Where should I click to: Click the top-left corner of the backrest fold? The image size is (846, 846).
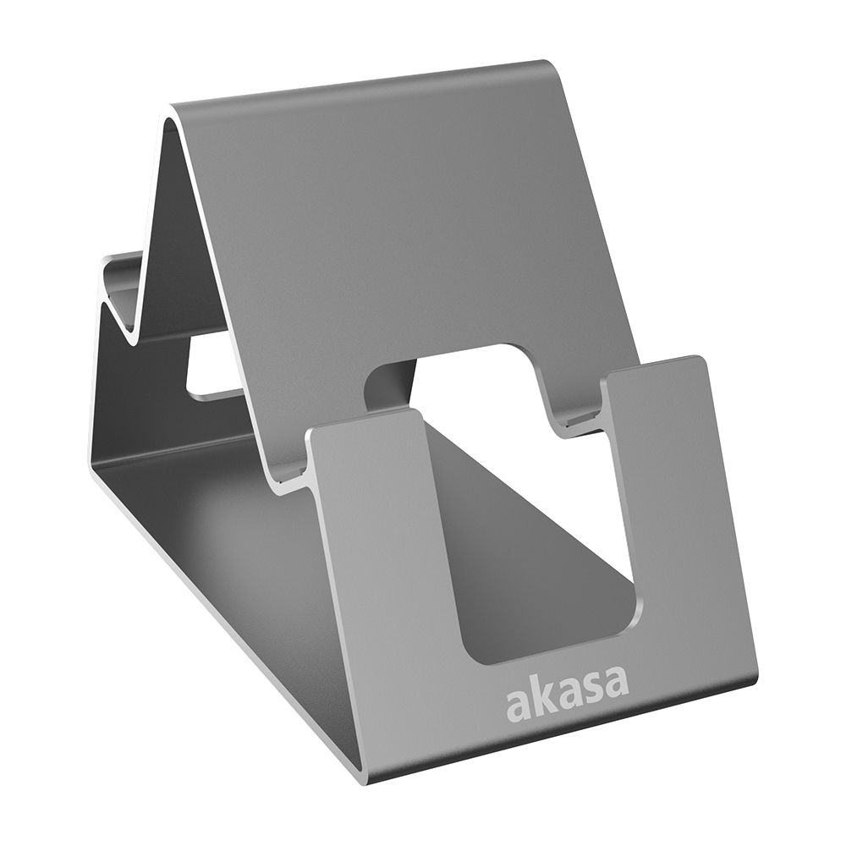173,110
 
